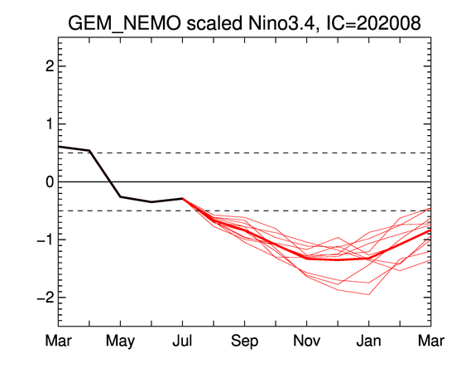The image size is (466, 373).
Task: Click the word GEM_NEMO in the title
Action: [124, 23]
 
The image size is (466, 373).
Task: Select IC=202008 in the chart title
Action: [374, 22]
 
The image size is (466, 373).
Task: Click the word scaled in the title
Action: [214, 22]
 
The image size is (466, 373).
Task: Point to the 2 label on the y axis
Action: [50, 66]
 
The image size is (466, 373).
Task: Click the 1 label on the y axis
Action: [50, 124]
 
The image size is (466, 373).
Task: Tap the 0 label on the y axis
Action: [50, 182]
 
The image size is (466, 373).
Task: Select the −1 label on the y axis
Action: [46, 240]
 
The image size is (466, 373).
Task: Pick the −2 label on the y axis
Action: [46, 298]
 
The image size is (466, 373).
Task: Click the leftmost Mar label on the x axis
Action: [58, 341]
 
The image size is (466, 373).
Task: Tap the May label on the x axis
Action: [120, 342]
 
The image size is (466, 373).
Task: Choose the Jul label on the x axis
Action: [182, 341]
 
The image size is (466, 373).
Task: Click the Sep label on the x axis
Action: [245, 342]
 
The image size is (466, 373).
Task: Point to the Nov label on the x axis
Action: [307, 341]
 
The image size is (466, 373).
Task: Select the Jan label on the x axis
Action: [369, 341]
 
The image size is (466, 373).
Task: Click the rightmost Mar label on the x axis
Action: [431, 341]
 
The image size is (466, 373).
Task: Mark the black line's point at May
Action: [120, 196]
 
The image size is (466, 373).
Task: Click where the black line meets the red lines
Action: [182, 198]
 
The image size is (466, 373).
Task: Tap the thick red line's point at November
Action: [307, 258]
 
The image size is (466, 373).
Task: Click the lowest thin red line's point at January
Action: [369, 295]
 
